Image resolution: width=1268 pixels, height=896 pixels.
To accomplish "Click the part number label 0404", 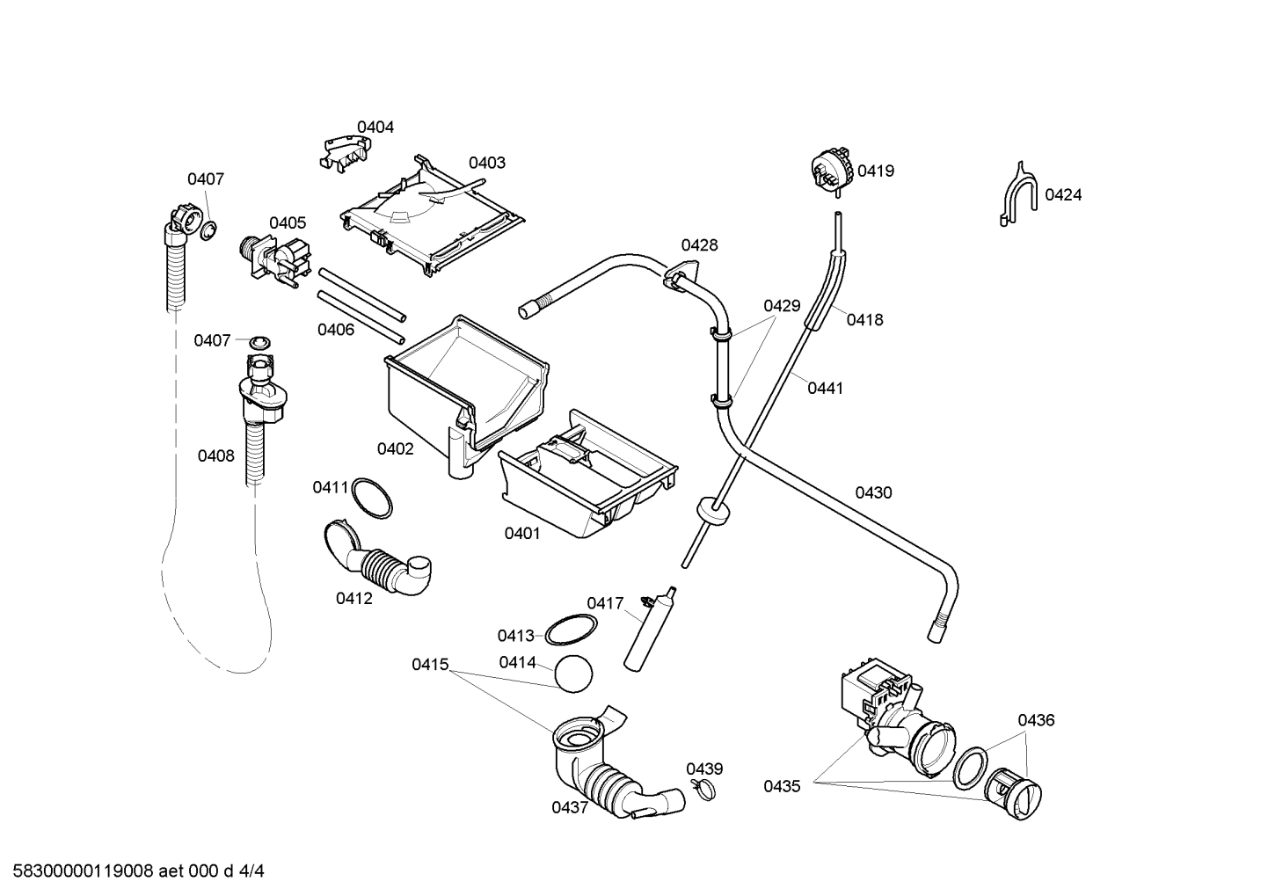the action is tap(375, 127).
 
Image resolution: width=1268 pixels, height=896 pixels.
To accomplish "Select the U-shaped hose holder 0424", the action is tap(1018, 194).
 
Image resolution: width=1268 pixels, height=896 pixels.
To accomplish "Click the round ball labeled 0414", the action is tap(573, 674).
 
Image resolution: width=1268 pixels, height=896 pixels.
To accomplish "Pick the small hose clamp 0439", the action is tap(703, 789).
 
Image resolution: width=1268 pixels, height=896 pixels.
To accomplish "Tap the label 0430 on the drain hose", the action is tap(873, 493).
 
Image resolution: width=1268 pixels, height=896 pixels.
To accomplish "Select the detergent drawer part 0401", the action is tap(589, 474).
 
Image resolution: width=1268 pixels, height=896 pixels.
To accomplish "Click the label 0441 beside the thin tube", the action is tap(826, 389).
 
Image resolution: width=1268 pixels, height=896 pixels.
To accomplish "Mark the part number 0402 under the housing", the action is tap(395, 449).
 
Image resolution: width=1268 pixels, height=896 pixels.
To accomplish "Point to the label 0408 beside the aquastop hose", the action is tap(215, 455).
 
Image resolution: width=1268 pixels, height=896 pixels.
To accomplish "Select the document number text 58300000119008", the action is tap(83, 871).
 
